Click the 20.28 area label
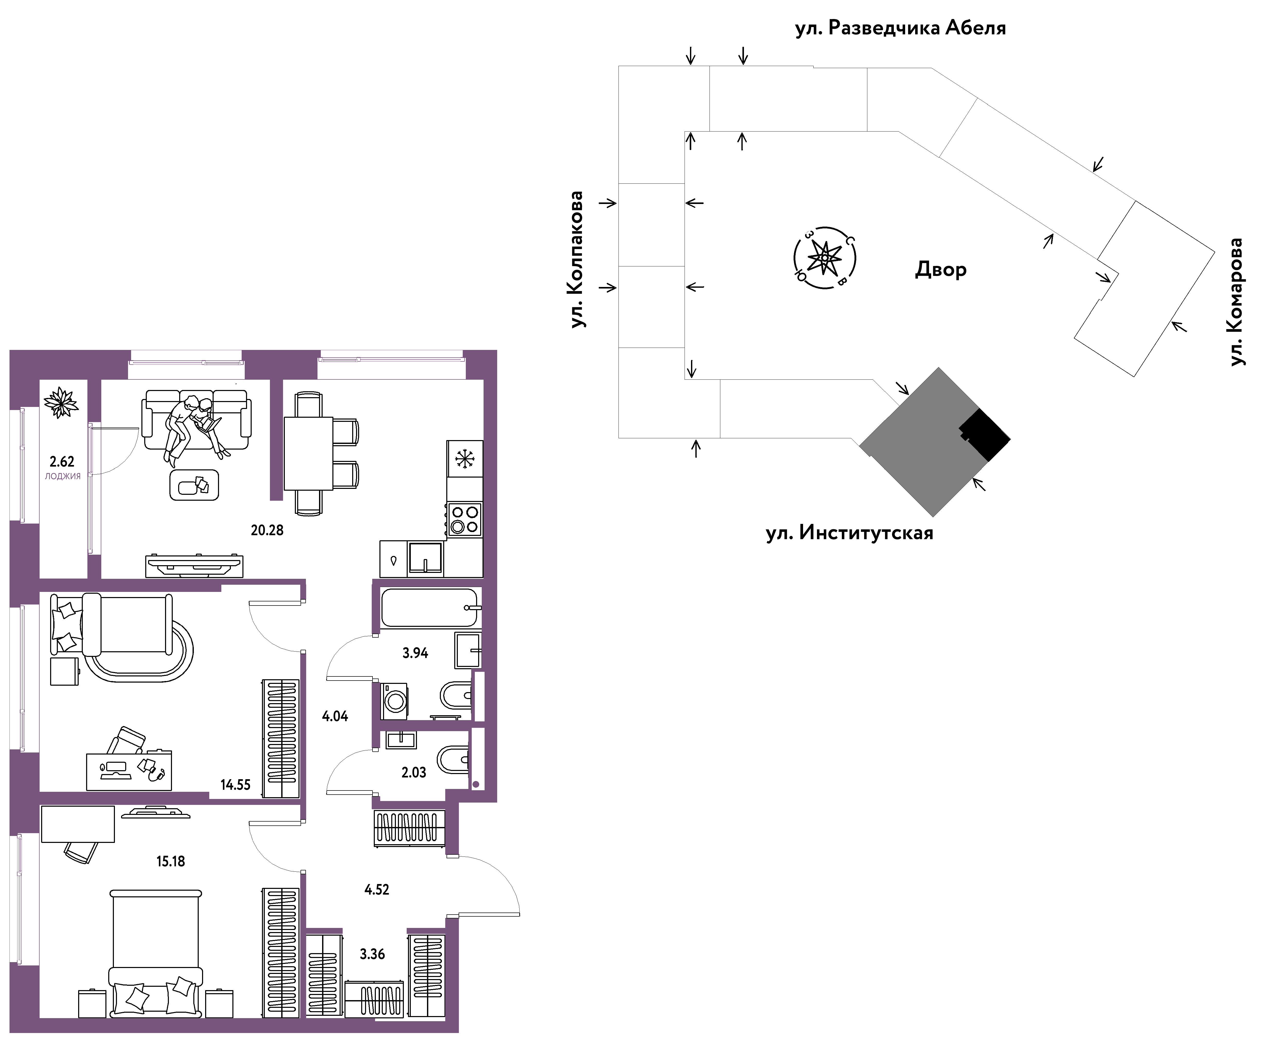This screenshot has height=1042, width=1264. point(267,530)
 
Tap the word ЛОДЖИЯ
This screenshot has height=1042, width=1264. point(62,476)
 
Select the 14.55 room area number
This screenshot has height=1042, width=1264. point(235,785)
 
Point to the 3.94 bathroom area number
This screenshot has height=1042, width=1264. point(415,653)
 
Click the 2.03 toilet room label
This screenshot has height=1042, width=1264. point(414,773)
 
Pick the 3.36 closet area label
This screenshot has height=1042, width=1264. point(372,954)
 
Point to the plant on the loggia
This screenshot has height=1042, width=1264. point(61,402)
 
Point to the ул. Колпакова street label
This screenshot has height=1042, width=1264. point(576,259)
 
